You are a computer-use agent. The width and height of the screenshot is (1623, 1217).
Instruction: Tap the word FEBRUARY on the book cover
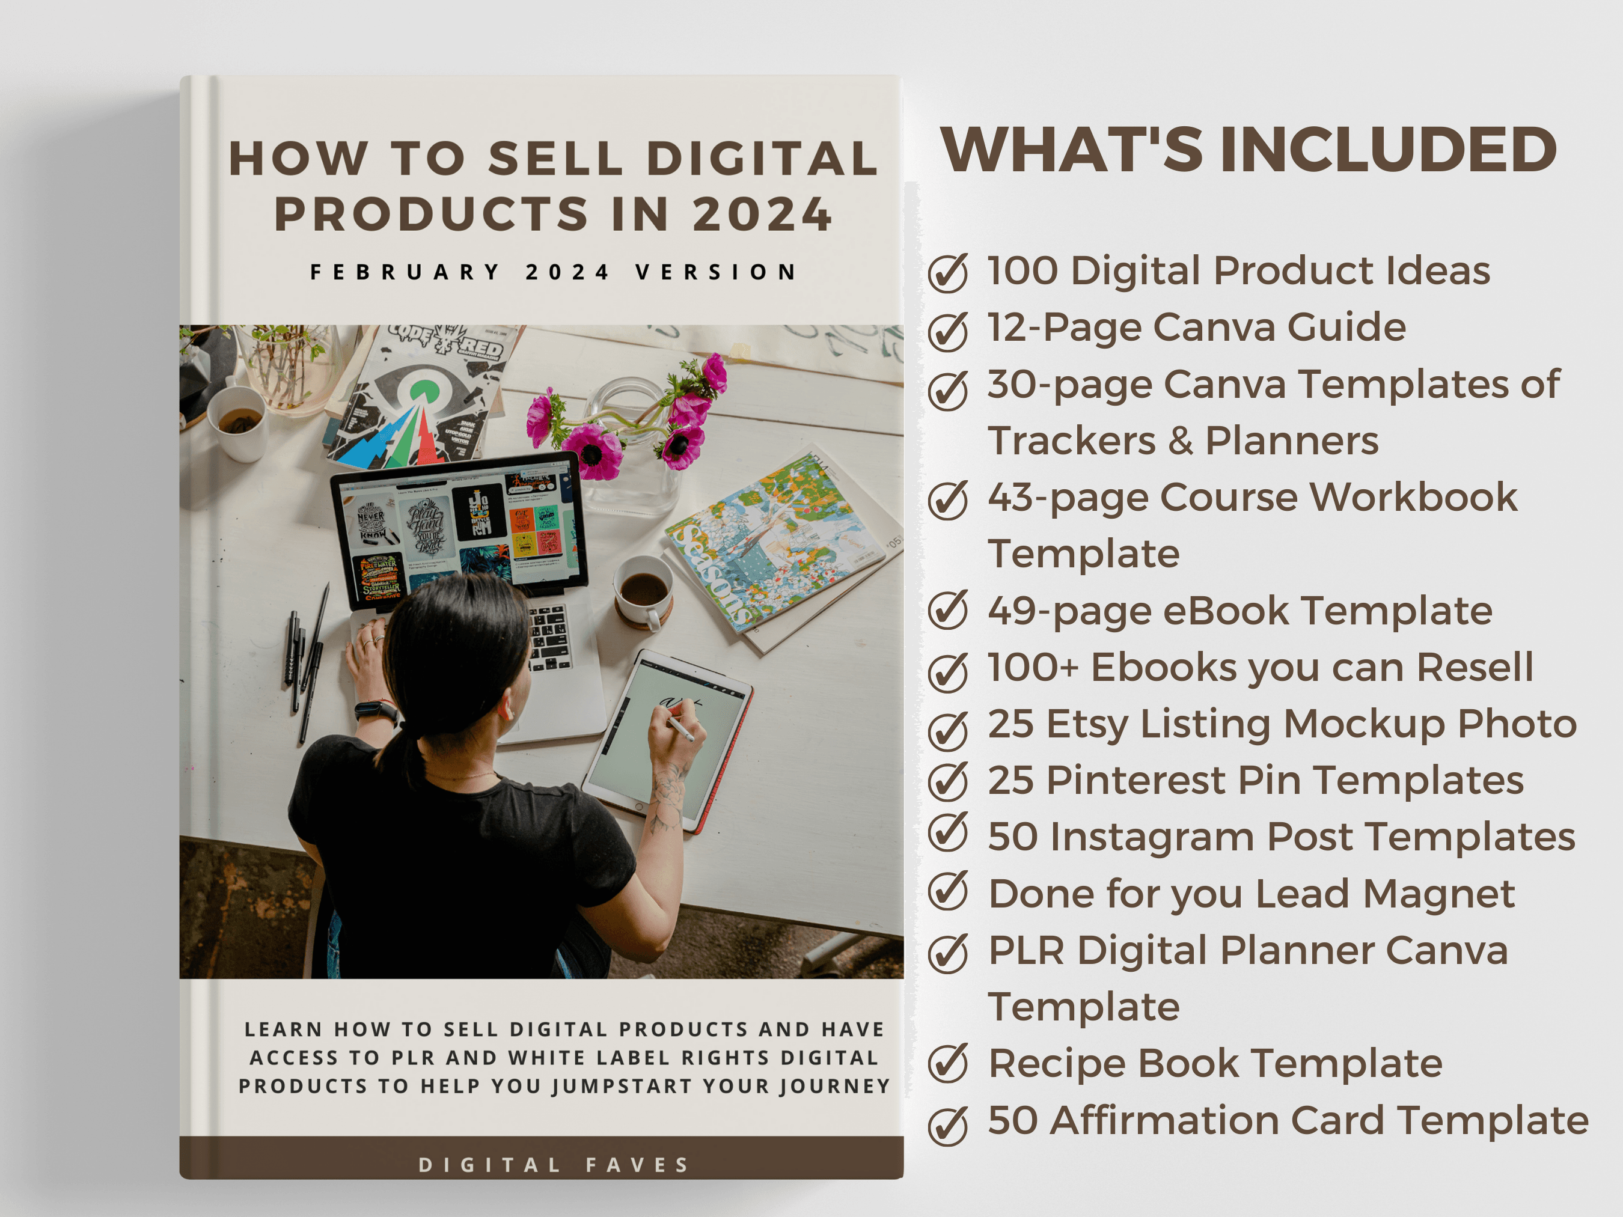point(405,272)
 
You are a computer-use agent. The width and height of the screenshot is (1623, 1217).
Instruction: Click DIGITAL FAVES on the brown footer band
point(554,1165)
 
